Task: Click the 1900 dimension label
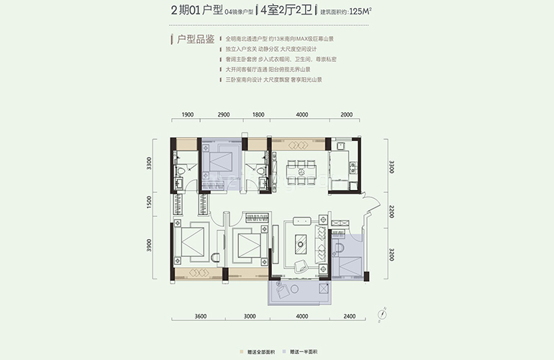[189, 115]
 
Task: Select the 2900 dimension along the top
[223, 115]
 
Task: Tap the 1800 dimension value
[258, 115]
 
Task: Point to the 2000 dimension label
[347, 115]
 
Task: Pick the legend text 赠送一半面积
[304, 353]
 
